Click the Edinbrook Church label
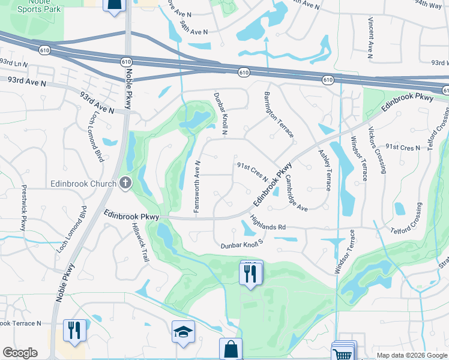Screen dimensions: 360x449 84,184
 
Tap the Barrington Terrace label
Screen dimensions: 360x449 279,115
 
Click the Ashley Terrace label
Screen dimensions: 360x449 324,170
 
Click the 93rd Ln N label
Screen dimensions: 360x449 14,62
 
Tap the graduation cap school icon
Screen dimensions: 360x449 183,332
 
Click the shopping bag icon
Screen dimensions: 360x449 231,348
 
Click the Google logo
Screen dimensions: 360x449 20,353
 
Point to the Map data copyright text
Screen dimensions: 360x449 411,355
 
